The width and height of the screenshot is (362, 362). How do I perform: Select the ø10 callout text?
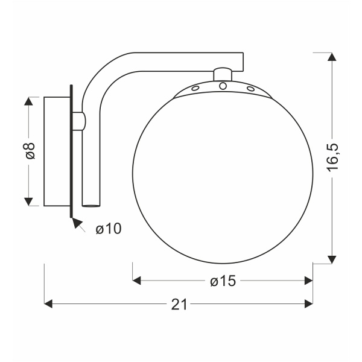pos(109,228)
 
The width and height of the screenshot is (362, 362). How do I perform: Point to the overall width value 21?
pos(179,304)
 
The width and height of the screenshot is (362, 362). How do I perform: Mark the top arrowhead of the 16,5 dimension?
pos(331,57)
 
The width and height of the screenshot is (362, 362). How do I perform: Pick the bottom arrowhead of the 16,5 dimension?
pos(331,259)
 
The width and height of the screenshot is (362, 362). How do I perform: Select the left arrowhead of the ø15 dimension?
pos(136,280)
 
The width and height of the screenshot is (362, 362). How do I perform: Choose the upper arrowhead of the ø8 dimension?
pos(28,100)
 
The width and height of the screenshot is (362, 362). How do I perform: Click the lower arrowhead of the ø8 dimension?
pos(28,201)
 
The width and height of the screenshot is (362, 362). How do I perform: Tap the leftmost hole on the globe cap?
pos(195,88)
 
